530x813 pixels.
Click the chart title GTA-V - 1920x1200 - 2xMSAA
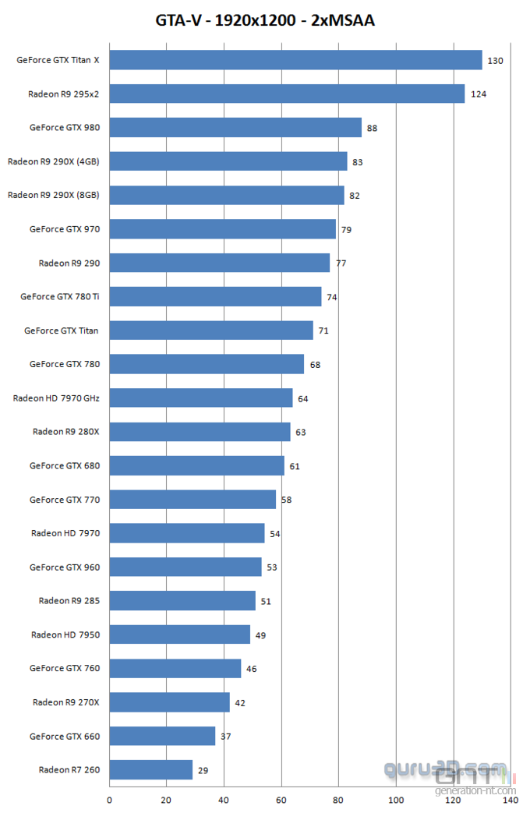coord(265,21)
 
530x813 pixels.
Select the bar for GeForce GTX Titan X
coord(295,60)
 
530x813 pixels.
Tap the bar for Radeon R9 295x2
coord(287,94)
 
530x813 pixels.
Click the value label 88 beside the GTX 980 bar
coord(372,128)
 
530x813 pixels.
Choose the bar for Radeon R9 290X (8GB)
coord(226,195)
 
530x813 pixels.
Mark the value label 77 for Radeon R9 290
coord(341,263)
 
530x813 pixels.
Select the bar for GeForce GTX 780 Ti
coord(215,296)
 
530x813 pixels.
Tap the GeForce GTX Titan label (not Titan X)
coord(62,331)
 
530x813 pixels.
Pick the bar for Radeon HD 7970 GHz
coord(200,398)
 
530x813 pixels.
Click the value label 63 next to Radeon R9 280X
coord(300,432)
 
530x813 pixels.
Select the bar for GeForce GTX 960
coord(185,567)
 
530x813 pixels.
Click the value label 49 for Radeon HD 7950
coord(260,635)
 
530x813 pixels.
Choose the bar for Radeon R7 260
coord(150,769)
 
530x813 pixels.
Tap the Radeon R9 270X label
coord(66,702)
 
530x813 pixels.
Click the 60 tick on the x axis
coord(281,800)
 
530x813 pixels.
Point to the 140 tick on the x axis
coord(510,800)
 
